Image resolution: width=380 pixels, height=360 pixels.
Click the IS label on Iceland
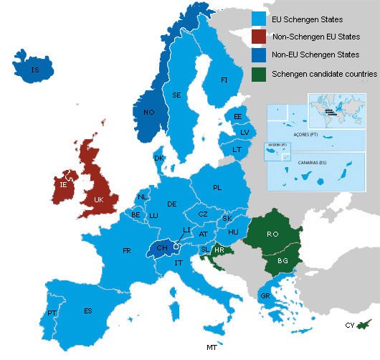coord(34,70)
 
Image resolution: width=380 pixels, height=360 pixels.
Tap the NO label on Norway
coord(149,113)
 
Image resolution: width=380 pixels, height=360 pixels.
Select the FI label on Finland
coord(224,80)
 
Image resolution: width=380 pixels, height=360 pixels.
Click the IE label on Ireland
coord(64,185)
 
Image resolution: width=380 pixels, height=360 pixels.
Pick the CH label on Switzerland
coord(162,248)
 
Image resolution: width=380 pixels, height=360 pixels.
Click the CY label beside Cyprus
coord(349,325)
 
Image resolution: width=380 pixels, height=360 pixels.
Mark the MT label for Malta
coord(212,348)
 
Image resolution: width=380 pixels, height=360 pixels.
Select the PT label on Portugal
coord(52,313)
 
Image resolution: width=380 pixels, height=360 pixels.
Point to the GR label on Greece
coord(265,295)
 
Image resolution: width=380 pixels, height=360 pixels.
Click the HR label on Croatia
coord(219,250)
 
